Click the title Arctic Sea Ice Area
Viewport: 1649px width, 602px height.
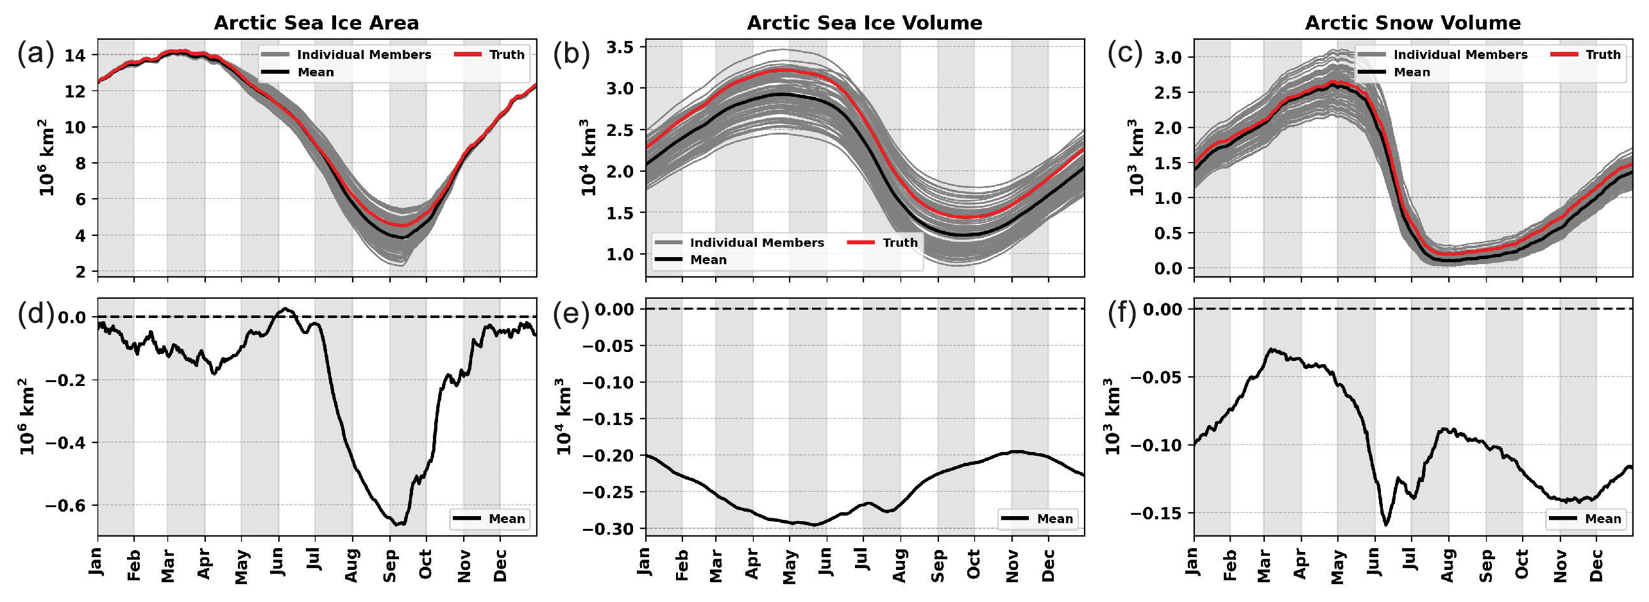316,23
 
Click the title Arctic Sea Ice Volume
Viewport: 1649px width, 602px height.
865,23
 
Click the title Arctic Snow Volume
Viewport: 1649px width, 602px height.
1413,23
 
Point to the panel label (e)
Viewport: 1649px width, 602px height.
571,314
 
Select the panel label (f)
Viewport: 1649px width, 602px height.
1122,314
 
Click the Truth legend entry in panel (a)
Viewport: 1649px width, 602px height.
490,54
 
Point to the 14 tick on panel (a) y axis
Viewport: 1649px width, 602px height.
75,55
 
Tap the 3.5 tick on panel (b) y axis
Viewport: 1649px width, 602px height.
620,47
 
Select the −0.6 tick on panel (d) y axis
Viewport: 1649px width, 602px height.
65,505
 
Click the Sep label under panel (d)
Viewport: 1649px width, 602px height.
389,565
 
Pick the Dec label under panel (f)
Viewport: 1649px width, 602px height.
1596,565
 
